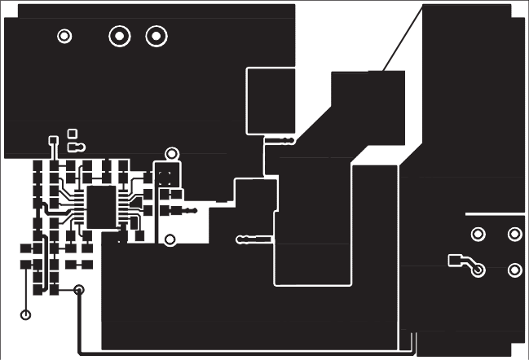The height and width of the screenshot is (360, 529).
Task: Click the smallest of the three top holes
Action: [x=64, y=36]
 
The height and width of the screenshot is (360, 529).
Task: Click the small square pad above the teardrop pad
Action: [x=72, y=132]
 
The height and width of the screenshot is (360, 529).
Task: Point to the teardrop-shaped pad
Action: [x=75, y=147]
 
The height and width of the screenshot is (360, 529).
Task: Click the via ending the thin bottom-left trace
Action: [x=26, y=314]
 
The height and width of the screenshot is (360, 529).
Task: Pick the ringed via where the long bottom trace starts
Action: [x=79, y=290]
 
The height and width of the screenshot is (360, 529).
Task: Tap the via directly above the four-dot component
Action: [x=171, y=153]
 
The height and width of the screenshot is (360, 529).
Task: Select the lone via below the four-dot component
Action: [x=170, y=239]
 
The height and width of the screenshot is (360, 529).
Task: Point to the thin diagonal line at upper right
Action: [x=403, y=37]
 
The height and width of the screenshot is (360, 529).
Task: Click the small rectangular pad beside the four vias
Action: [x=455, y=261]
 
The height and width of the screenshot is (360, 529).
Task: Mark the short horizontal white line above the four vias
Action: [x=494, y=213]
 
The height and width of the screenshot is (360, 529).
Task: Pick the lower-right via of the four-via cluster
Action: [x=514, y=270]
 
